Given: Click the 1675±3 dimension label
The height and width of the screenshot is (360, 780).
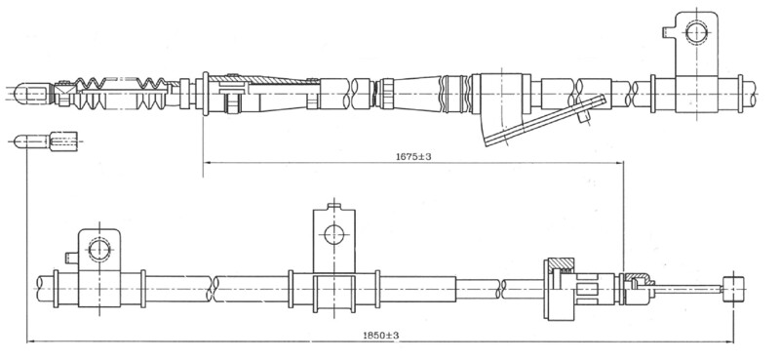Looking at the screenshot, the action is [413, 157].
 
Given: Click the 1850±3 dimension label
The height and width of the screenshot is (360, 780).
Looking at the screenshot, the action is [380, 336].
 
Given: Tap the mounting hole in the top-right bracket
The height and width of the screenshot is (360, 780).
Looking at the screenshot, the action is [696, 32].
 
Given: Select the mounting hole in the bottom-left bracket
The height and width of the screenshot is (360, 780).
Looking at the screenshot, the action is [99, 250].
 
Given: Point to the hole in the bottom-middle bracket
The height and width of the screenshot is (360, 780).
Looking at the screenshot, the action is [333, 234].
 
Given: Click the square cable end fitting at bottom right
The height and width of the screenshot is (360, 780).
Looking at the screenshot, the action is [734, 290].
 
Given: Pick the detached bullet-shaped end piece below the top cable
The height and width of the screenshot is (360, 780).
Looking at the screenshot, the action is [46, 141].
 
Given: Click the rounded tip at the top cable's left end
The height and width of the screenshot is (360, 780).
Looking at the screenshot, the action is [22, 94].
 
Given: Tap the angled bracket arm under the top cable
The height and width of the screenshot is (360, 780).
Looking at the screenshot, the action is [545, 121].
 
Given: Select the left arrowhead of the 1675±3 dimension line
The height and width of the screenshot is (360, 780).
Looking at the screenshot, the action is [208, 162].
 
